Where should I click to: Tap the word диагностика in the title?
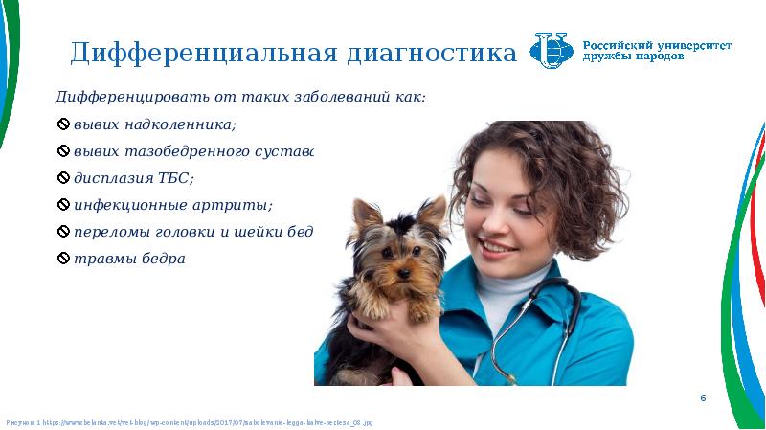pyautogui.click(x=431, y=53)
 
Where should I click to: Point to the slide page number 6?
pyautogui.click(x=703, y=397)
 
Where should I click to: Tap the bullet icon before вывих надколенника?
pyautogui.click(x=64, y=125)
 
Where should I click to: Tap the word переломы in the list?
pyautogui.click(x=111, y=233)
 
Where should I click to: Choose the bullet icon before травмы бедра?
pyautogui.click(x=64, y=260)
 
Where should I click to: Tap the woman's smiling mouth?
pyautogui.click(x=498, y=246)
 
